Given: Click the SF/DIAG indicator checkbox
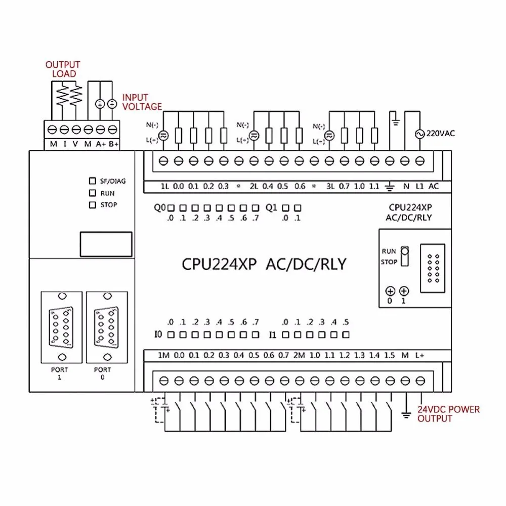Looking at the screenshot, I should pos(92,181).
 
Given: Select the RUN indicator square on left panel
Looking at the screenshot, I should pos(92,193).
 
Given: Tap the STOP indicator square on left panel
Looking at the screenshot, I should pos(92,205).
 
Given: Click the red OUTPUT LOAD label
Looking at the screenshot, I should pos(63,69).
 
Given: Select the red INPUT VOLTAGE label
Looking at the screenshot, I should pos(142,102).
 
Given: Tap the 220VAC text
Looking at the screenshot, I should pos(441,134).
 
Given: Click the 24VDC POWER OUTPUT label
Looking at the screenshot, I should pos(448,413).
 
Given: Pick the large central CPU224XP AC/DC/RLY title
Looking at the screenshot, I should pos(264,264).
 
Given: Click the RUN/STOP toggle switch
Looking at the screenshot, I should pos(404,256).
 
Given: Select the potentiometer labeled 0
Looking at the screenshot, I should pos(390,291).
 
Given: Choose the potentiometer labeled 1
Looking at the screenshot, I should pos(404,291).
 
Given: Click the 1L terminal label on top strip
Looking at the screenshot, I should pos(164,186).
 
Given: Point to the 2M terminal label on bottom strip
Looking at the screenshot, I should pos(299,355).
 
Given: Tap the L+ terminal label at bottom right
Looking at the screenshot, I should pos(420,355).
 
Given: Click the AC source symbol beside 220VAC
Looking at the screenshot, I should pos(419,134).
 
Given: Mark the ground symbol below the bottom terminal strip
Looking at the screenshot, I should pos(405,414).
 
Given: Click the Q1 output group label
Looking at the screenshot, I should pos(271,207).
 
